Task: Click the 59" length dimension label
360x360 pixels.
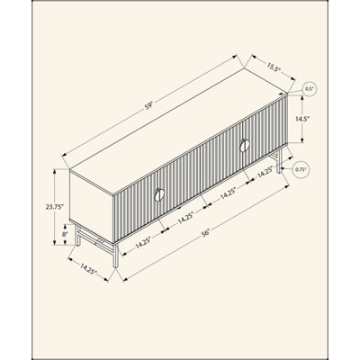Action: pos(149,106)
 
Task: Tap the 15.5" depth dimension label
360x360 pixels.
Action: pos(273,68)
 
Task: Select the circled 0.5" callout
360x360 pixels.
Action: pos(309,89)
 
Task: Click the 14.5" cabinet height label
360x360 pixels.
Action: pos(302,119)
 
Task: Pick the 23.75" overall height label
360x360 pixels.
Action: pos(55,207)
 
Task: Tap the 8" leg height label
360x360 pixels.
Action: pos(65,234)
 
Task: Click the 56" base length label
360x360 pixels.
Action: pos(205,233)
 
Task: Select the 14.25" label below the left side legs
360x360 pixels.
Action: pos(88,268)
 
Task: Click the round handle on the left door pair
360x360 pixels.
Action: pos(159,195)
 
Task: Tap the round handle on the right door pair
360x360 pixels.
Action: pos(245,146)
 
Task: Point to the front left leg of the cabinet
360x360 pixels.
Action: pos(115,255)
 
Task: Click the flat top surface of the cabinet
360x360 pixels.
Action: pos(178,132)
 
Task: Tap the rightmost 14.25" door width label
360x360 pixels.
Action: pos(265,173)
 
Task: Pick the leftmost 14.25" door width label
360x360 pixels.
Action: pos(143,242)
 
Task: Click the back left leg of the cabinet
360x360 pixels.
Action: pos(77,235)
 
